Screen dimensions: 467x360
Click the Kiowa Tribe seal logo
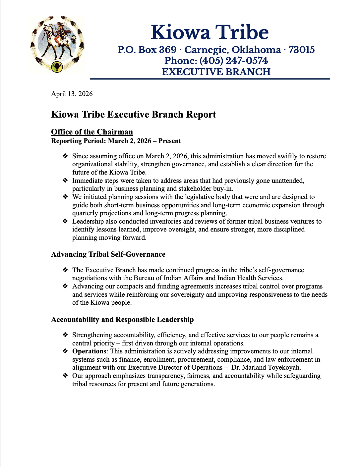pyautogui.click(x=57, y=44)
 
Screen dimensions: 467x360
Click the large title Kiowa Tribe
pyautogui.click(x=210, y=32)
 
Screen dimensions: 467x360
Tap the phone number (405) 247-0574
pyautogui.click(x=233, y=61)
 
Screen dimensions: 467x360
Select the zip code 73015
pyautogui.click(x=301, y=50)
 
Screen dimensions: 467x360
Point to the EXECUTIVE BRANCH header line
pyautogui.click(x=216, y=72)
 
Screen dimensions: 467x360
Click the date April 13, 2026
pyautogui.click(x=72, y=94)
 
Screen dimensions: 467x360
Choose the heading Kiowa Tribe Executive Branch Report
pyautogui.click(x=134, y=115)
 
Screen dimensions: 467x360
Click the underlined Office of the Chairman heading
pyautogui.click(x=92, y=132)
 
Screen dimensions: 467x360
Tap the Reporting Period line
pyautogui.click(x=116, y=141)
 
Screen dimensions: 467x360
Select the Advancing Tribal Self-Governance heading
pyautogui.click(x=108, y=254)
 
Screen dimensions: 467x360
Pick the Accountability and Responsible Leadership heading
pyautogui.click(x=122, y=320)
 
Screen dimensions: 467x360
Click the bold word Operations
pyautogui.click(x=89, y=351)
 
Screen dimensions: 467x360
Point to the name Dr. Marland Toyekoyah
pyautogui.click(x=266, y=367)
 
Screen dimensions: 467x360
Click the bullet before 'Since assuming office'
pyautogui.click(x=65, y=156)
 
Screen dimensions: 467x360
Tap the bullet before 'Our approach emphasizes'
pyautogui.click(x=65, y=376)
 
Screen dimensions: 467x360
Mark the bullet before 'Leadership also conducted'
pyautogui.click(x=65, y=221)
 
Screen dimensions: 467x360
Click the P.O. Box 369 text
pyautogui.click(x=147, y=50)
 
